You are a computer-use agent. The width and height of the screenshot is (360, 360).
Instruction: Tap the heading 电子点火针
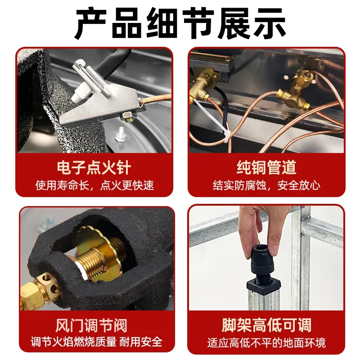click(x=94, y=167)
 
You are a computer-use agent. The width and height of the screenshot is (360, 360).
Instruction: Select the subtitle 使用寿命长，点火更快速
click(x=94, y=185)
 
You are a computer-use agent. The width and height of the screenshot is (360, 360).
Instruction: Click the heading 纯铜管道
click(x=266, y=167)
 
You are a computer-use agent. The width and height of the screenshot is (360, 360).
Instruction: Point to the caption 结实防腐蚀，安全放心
click(x=266, y=185)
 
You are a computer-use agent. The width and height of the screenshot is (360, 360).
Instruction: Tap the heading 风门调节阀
click(x=94, y=324)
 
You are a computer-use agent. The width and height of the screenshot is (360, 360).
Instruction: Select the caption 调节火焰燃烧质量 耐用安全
click(x=94, y=342)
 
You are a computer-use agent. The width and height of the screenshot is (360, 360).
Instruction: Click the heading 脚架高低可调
click(x=266, y=324)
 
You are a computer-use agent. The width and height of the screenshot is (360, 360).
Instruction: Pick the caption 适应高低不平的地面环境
click(x=266, y=342)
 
